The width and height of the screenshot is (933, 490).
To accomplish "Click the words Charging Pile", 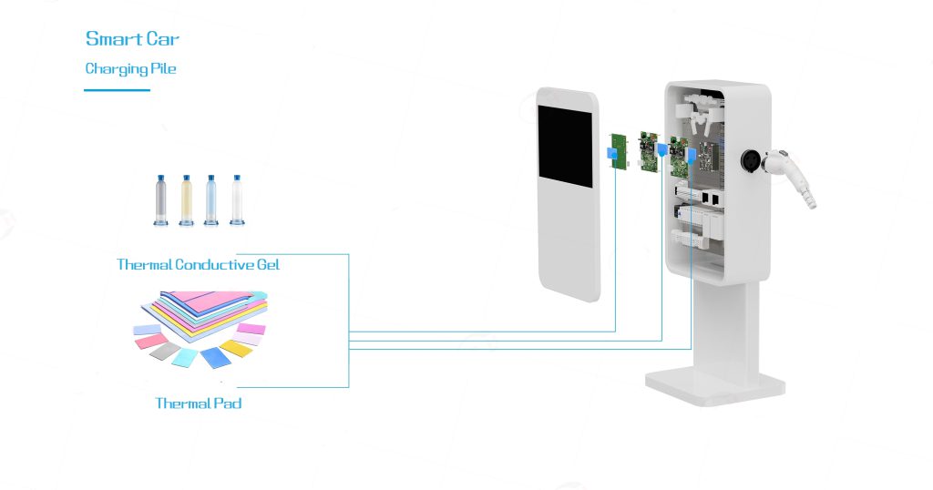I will coord(130,69).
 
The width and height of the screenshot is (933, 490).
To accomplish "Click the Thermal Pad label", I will coord(198,403).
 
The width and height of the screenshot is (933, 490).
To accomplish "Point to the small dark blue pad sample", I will coord(216,357).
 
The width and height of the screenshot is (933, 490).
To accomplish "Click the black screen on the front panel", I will coord(566,147).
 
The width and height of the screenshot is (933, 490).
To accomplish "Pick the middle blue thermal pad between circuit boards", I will coord(662,148).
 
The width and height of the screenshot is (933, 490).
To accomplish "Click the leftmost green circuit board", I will coord(619,148).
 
